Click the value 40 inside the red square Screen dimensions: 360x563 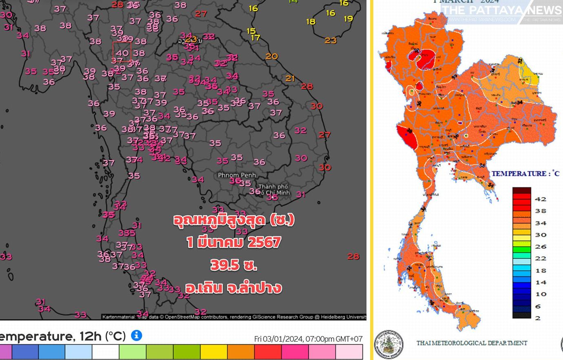tap(122, 53)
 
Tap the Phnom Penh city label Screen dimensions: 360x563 tap(237, 175)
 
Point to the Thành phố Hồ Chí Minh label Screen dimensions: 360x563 tap(274, 190)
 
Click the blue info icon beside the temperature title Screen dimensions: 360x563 tap(137, 336)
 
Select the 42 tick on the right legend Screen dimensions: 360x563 tap(541, 199)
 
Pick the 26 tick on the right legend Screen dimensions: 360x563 tap(541, 247)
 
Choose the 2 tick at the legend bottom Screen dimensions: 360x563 tap(538, 318)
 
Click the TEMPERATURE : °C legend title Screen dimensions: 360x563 tap(525, 174)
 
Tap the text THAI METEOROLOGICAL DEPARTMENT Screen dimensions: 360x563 tap(471, 343)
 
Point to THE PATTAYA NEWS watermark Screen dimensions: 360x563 tap(501, 10)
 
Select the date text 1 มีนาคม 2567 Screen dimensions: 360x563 tap(234, 243)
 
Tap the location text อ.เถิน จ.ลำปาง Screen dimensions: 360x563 tap(234, 288)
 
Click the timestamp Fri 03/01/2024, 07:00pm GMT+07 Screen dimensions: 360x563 tap(308, 339)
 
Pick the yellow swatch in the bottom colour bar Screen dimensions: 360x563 tap(214, 351)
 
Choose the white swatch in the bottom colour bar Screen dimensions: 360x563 tap(106, 351)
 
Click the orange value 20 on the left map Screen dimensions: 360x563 tap(272, 57)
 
